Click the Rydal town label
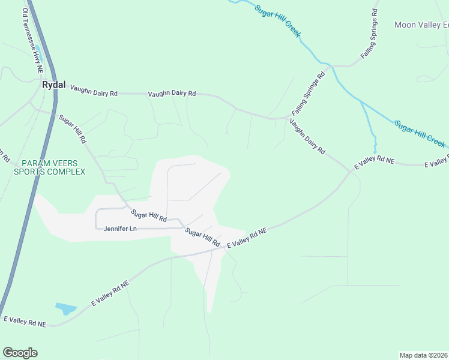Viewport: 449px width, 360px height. (x=53, y=85)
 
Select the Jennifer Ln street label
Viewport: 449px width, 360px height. (x=120, y=229)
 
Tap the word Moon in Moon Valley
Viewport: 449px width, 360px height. (x=405, y=25)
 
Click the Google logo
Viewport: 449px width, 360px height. (x=20, y=353)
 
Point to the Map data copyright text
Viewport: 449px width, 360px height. (x=424, y=355)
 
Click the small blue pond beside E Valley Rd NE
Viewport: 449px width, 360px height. (x=65, y=309)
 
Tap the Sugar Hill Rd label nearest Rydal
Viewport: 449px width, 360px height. (x=73, y=128)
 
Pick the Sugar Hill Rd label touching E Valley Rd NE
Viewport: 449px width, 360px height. (x=202, y=236)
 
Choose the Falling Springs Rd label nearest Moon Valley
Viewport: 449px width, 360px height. (x=370, y=34)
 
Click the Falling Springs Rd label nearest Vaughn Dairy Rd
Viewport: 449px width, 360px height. (x=308, y=95)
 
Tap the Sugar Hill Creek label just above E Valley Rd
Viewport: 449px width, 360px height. (x=420, y=134)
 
